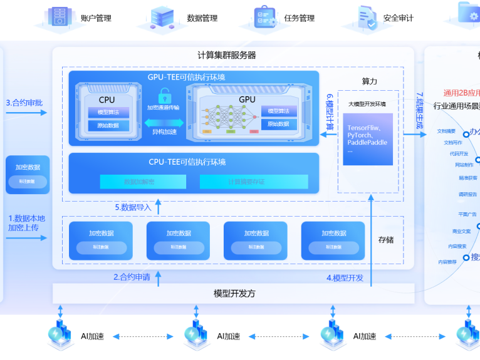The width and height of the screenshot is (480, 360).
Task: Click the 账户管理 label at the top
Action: pyautogui.click(x=96, y=18)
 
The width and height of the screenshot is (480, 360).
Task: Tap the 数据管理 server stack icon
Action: pyautogui.click(x=162, y=17)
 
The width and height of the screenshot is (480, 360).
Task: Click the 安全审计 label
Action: pyautogui.click(x=398, y=18)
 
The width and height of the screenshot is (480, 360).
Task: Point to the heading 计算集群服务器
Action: pyautogui.click(x=226, y=55)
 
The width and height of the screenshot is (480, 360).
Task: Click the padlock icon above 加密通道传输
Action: pyautogui.click(x=165, y=96)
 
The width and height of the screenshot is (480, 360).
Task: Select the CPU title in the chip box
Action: pyautogui.click(x=107, y=100)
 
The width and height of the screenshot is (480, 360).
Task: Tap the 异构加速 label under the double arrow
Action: pyautogui.click(x=164, y=132)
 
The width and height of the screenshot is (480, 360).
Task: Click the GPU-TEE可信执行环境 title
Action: pyautogui.click(x=186, y=77)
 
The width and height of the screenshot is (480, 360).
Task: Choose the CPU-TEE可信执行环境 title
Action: pyautogui.click(x=187, y=162)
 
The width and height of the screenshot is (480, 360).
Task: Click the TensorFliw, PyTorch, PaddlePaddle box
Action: pyautogui.click(x=367, y=139)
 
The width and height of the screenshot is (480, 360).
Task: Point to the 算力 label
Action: pyautogui.click(x=370, y=81)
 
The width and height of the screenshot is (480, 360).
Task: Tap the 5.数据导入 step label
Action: pyautogui.click(x=133, y=207)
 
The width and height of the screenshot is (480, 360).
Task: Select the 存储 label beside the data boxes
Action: pyautogui.click(x=386, y=240)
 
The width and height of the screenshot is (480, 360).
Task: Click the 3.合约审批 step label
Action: pyautogui.click(x=24, y=102)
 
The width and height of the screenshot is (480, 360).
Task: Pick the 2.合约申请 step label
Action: pyautogui.click(x=132, y=277)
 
